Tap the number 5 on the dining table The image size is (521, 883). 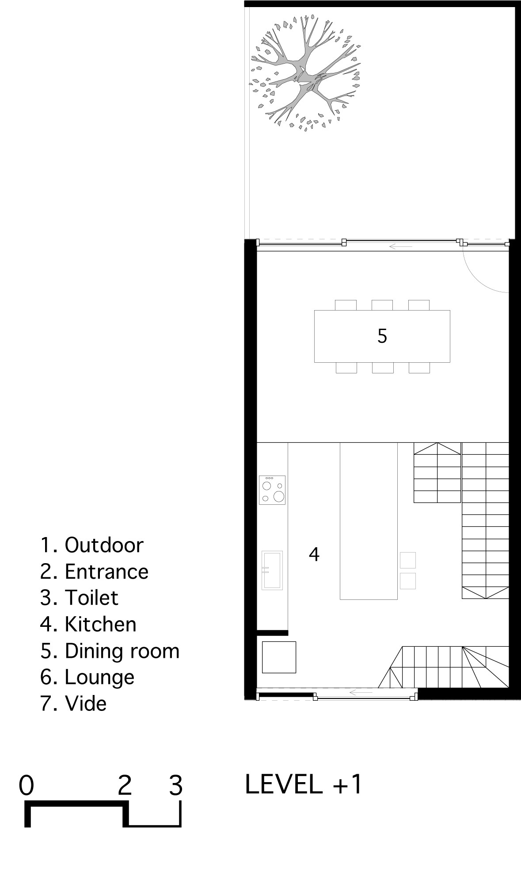pyautogui.click(x=382, y=336)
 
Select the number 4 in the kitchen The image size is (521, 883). pyautogui.click(x=314, y=554)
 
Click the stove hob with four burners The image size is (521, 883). pyautogui.click(x=272, y=490)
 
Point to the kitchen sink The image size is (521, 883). pyautogui.click(x=272, y=570)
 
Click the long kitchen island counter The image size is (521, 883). pyautogui.click(x=369, y=521)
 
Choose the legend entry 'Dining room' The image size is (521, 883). pyautogui.click(x=110, y=651)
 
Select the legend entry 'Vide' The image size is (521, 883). pyautogui.click(x=73, y=703)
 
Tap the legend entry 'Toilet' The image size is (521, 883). pyautogui.click(x=80, y=598)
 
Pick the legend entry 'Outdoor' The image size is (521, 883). pyautogui.click(x=92, y=545)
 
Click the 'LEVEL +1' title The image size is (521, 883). pyautogui.click(x=304, y=784)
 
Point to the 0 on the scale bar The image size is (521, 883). pyautogui.click(x=27, y=785)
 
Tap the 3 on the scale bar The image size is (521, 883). pyautogui.click(x=176, y=785)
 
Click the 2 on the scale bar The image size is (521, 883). pyautogui.click(x=125, y=785)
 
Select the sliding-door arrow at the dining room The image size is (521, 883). pyautogui.click(x=401, y=246)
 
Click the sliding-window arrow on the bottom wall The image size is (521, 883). pyautogui.click(x=361, y=692)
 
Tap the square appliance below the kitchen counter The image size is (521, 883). pyautogui.click(x=279, y=657)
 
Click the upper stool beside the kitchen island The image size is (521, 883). pyautogui.click(x=408, y=560)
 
